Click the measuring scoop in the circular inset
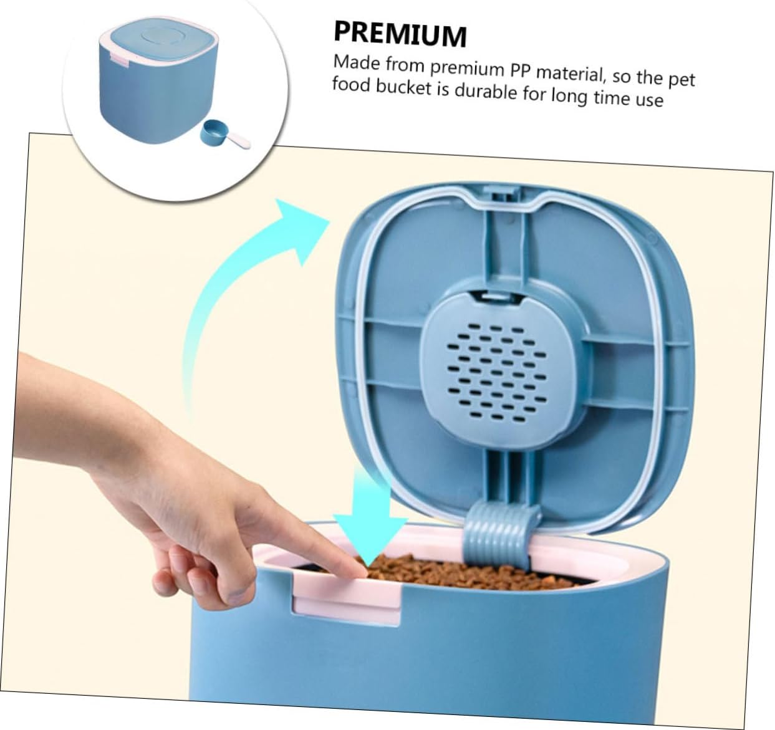coord(225,135)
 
